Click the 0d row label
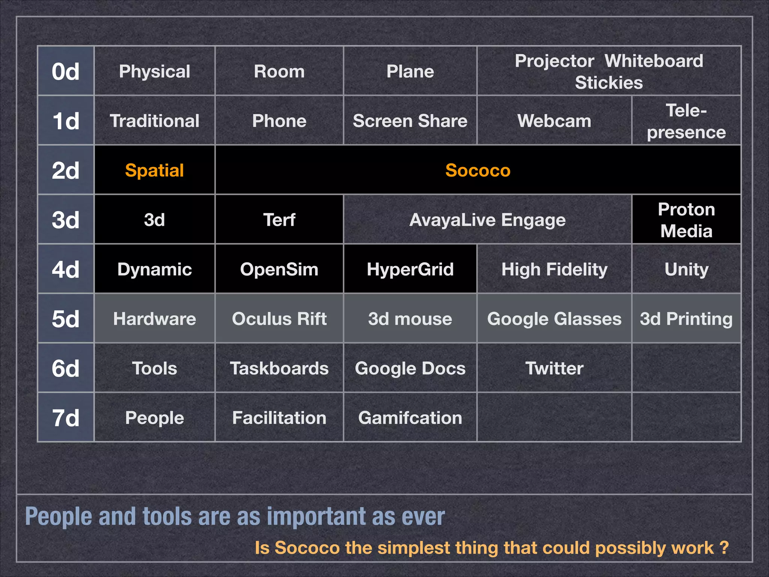pyautogui.click(x=66, y=71)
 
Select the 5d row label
pyautogui.click(x=66, y=319)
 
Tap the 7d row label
pyautogui.click(x=66, y=418)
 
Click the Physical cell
pyautogui.click(x=154, y=71)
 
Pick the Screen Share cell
pyautogui.click(x=410, y=121)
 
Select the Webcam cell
pyautogui.click(x=554, y=121)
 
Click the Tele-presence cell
pyautogui.click(x=686, y=121)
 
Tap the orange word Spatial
pyautogui.click(x=154, y=170)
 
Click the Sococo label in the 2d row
pyautogui.click(x=478, y=170)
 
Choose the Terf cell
pyautogui.click(x=279, y=220)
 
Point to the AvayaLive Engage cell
pyautogui.click(x=487, y=220)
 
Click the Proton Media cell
pyautogui.click(x=686, y=220)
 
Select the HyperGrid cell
pyautogui.click(x=410, y=269)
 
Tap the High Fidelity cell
pyautogui.click(x=554, y=269)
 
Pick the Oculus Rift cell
pyautogui.click(x=279, y=319)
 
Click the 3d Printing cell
pyautogui.click(x=686, y=319)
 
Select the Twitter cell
pyautogui.click(x=554, y=368)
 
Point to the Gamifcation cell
pyautogui.click(x=410, y=418)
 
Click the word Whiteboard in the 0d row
pyautogui.click(x=654, y=61)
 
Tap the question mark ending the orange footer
pyautogui.click(x=724, y=548)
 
